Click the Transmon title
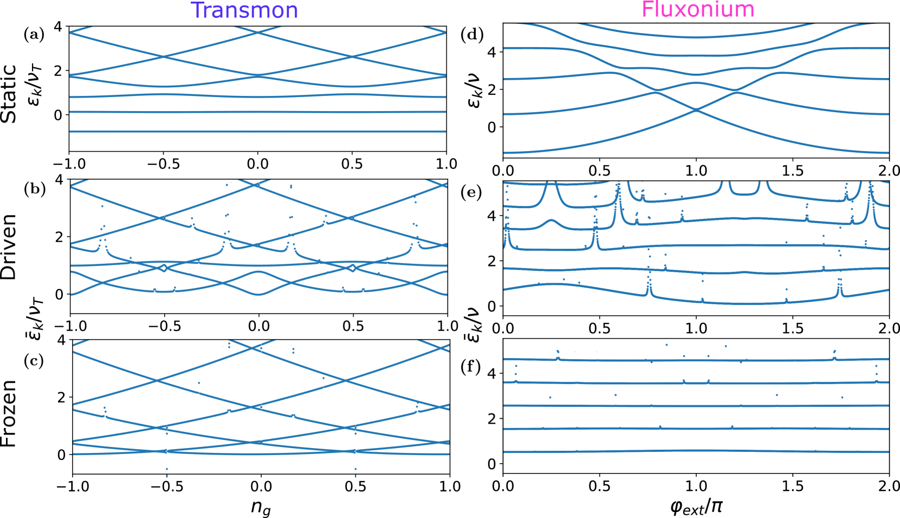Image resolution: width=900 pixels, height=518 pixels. (x=244, y=11)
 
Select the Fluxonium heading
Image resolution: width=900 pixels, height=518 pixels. (x=698, y=10)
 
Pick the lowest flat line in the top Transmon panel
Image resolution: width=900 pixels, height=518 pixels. (x=257, y=132)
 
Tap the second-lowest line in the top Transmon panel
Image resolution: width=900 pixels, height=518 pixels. (x=257, y=112)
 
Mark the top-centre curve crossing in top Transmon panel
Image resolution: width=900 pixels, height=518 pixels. (x=258, y=33)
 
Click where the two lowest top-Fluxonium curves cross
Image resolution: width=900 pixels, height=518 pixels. (x=696, y=110)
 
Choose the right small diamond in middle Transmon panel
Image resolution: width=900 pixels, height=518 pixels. (x=353, y=268)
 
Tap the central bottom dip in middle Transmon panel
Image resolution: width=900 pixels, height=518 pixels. (x=258, y=294)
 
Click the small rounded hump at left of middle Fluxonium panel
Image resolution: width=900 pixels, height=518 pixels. (x=552, y=221)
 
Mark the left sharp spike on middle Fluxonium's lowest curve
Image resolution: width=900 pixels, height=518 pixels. (x=649, y=287)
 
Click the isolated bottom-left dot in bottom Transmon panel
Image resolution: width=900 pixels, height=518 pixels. (x=166, y=469)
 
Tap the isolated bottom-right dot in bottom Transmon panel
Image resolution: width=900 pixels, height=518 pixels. (x=355, y=469)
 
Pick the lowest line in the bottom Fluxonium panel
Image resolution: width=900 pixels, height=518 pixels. (x=696, y=451)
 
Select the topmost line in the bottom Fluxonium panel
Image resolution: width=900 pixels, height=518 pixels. (x=696, y=359)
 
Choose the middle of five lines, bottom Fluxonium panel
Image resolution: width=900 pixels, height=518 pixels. (x=696, y=405)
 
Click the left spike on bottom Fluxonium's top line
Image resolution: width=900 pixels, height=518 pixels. (x=558, y=355)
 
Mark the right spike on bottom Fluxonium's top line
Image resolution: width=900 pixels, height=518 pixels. (x=834, y=355)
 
